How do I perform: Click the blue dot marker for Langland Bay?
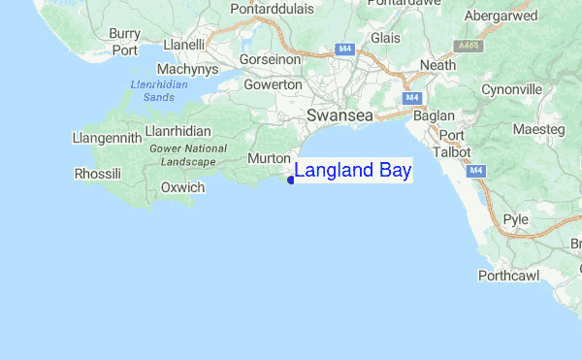point(291,179)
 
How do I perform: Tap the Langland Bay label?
point(352,171)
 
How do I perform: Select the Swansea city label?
point(339,115)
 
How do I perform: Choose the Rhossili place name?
point(97,174)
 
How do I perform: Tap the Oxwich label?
point(181,187)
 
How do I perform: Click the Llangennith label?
point(107,139)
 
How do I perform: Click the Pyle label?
point(515,219)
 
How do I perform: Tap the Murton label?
point(270,158)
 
